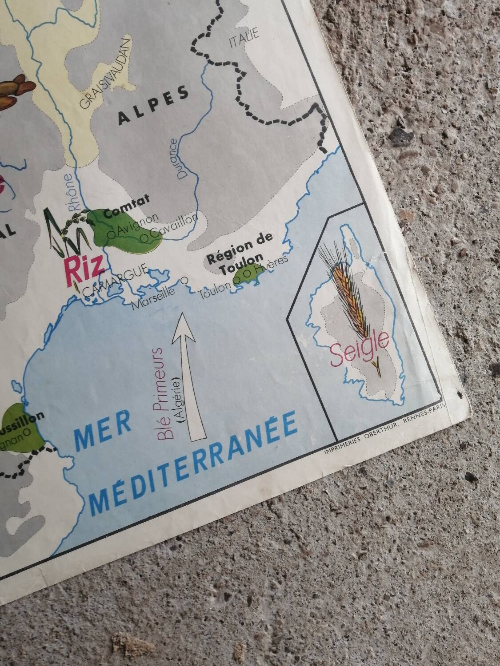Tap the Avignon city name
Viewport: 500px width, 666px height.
point(134,225)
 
